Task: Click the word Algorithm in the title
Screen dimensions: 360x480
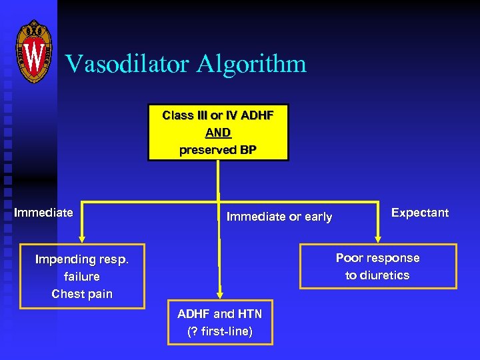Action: click(x=256, y=65)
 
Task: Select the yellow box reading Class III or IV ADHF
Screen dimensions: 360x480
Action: click(x=218, y=132)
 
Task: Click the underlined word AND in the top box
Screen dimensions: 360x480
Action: click(x=218, y=132)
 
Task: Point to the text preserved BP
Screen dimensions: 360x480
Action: click(x=218, y=150)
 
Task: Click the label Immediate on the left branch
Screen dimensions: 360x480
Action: click(x=44, y=213)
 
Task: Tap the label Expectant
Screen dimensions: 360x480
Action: click(x=419, y=213)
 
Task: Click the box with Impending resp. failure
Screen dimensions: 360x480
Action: click(x=82, y=277)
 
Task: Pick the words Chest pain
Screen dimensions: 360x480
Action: click(x=82, y=294)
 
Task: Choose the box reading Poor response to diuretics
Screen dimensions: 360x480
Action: click(x=378, y=267)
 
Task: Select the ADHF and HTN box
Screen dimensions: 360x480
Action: click(x=220, y=323)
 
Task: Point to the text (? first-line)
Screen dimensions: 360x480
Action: click(x=220, y=332)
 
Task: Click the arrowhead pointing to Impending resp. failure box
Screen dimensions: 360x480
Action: click(x=82, y=236)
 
